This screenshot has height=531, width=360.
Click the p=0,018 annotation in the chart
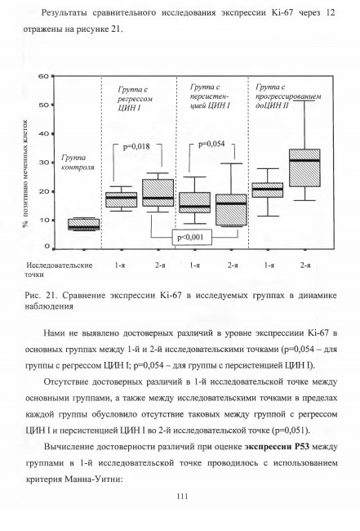136,146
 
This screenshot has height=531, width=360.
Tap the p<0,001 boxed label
192,238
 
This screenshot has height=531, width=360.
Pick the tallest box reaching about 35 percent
304,167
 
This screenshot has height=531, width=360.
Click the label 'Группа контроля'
78,163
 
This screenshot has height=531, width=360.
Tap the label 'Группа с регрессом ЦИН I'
135,99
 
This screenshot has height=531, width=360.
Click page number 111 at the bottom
182,497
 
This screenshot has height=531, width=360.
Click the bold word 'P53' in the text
300,446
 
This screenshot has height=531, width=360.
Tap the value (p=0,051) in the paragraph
291,431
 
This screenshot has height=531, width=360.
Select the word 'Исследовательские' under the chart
60,265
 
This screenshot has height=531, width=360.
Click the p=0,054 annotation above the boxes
211,144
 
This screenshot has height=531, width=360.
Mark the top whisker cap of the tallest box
304,101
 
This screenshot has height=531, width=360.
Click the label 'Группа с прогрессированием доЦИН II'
288,96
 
